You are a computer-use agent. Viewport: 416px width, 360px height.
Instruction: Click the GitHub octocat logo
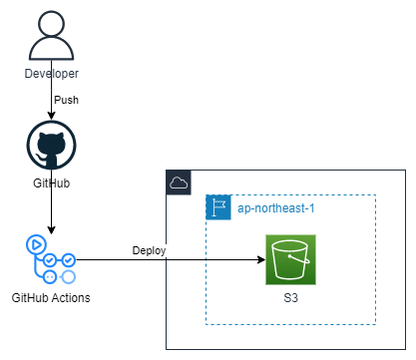pyautogui.click(x=50, y=149)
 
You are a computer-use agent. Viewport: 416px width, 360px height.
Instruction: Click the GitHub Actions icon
pyautogui.click(x=50, y=260)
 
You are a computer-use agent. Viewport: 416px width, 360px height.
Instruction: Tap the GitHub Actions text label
pyautogui.click(x=50, y=297)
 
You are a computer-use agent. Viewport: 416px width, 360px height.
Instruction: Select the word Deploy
pyautogui.click(x=151, y=249)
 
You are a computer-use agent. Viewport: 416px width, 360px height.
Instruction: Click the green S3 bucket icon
pyautogui.click(x=290, y=260)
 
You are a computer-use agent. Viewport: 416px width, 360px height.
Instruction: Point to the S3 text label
pyautogui.click(x=290, y=297)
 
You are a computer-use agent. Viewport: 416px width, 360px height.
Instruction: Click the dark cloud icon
pyautogui.click(x=179, y=182)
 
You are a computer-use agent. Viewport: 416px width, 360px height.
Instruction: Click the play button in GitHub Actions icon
pyautogui.click(x=36, y=244)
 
